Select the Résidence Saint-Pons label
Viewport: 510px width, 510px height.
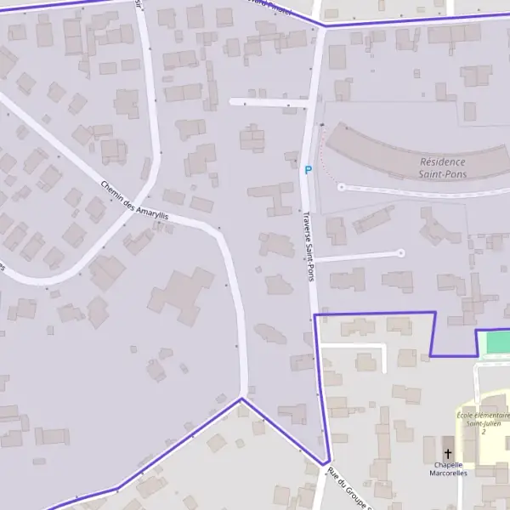coord(443,167)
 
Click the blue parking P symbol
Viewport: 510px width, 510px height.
coord(308,170)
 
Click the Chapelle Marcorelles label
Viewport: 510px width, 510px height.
coord(448,468)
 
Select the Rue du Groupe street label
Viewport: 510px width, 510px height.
coord(350,489)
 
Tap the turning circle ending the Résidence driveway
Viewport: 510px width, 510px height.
coord(341,187)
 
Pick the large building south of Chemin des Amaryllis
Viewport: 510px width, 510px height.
coord(180,295)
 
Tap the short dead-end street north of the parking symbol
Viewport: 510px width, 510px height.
coord(268,103)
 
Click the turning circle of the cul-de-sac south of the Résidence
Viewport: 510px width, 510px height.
coord(400,252)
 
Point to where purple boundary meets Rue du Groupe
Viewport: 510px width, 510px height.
coord(326,463)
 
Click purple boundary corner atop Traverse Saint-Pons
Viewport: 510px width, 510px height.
coord(323,25)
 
